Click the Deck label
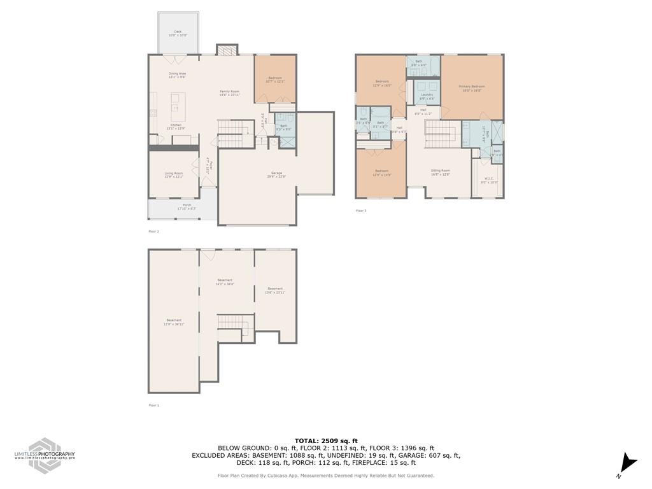(x=178, y=33)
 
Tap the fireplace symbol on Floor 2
(x=225, y=50)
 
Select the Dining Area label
(x=177, y=75)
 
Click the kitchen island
(x=178, y=106)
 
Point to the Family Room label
(x=230, y=93)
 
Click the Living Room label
(x=174, y=174)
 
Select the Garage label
(x=276, y=174)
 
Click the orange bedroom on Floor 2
(x=275, y=78)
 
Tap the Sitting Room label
(x=441, y=172)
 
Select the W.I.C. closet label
(x=489, y=180)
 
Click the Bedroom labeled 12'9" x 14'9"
(x=381, y=172)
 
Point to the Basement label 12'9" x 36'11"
(x=174, y=322)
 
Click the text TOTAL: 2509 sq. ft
(x=326, y=441)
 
